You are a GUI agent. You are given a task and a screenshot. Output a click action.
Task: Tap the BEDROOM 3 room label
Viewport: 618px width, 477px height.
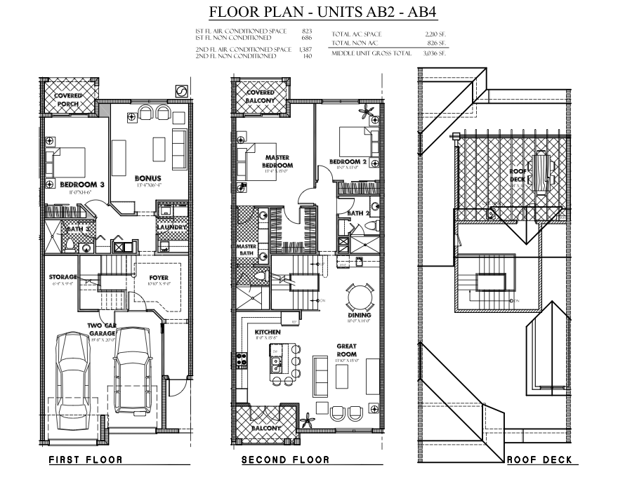pyautogui.click(x=82, y=184)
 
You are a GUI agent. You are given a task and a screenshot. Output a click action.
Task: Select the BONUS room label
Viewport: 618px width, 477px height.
pyautogui.click(x=148, y=178)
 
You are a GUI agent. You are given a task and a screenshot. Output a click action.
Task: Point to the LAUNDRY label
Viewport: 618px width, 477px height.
pyautogui.click(x=172, y=227)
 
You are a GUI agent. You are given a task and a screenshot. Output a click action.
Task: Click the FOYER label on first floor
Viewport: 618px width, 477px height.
pyautogui.click(x=159, y=277)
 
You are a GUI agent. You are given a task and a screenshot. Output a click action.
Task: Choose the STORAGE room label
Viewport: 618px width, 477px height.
pyautogui.click(x=63, y=277)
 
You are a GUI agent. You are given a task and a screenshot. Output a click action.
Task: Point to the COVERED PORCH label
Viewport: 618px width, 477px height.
pyautogui.click(x=68, y=100)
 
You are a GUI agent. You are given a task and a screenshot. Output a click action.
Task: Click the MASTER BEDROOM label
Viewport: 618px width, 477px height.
pyautogui.click(x=278, y=162)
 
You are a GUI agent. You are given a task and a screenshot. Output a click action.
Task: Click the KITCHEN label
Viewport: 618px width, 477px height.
pyautogui.click(x=268, y=332)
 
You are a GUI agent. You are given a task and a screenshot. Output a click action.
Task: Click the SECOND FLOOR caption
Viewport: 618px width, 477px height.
pyautogui.click(x=285, y=460)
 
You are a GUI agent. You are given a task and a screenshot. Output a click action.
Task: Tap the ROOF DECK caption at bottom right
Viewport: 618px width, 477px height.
pyautogui.click(x=539, y=460)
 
